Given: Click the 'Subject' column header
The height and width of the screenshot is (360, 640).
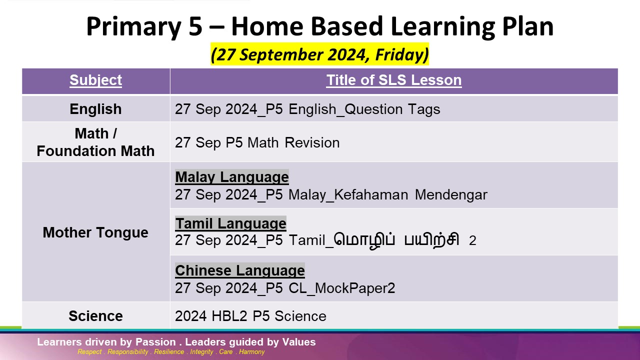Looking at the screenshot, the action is point(95,80).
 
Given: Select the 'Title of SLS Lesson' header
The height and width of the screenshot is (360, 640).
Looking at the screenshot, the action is point(393,80).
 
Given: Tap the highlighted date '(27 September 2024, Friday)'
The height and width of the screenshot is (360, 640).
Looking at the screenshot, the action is point(319,54).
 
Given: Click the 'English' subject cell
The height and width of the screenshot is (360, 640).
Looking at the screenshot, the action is point(95,109).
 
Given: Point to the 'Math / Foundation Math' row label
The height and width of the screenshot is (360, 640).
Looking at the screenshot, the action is point(95,142).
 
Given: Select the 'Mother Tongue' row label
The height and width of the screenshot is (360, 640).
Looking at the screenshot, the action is point(95,232).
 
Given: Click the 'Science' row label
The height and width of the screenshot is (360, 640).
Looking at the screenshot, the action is point(95,316).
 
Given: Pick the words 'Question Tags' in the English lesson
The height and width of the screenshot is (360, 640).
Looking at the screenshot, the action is point(392,109).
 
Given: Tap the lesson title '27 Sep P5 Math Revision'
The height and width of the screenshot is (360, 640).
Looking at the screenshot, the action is point(257,142).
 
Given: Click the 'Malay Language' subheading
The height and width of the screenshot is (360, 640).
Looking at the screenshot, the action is point(231,177).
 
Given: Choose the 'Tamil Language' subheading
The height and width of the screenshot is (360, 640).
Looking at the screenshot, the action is point(230,223).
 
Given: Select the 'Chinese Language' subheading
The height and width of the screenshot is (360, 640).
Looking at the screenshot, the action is point(240,270).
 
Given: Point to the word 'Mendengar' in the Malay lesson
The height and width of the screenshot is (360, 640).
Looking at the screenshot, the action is point(451,195).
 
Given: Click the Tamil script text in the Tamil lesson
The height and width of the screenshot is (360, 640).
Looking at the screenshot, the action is point(396,240).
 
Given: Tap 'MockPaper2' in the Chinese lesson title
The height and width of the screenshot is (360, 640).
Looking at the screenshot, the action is point(355,288).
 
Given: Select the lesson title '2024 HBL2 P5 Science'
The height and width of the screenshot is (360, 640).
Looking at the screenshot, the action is point(250,316).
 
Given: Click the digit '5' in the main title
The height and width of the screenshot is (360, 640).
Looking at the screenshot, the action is point(195,26).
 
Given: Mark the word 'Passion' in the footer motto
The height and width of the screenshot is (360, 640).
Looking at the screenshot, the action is point(155,342).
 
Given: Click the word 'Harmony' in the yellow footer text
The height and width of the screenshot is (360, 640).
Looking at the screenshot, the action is point(251,351).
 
